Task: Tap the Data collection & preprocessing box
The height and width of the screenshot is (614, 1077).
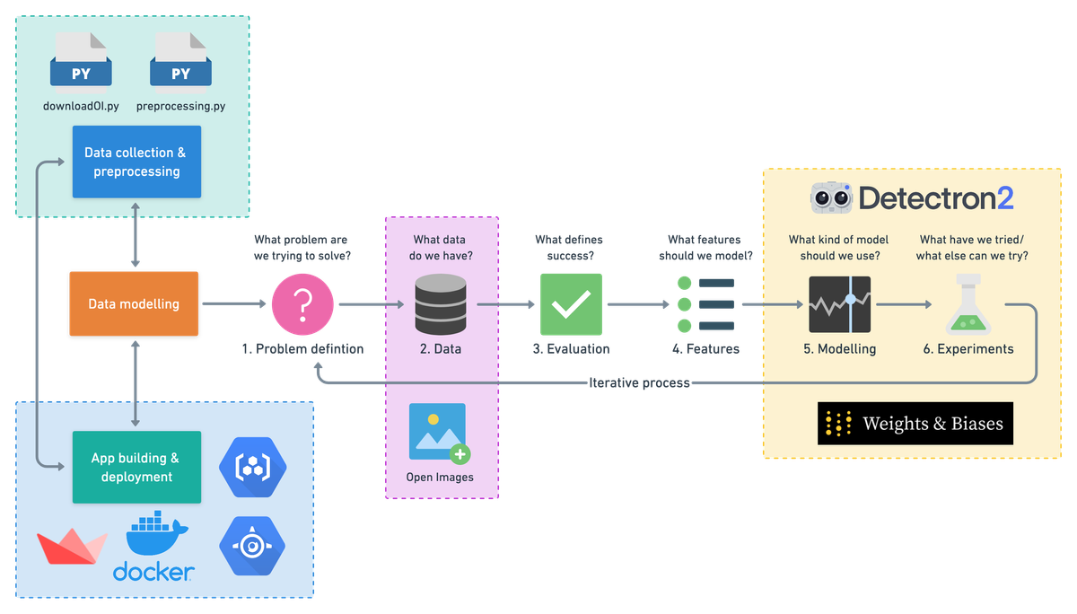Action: tap(136, 162)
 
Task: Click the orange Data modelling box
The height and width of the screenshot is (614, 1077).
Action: tap(134, 304)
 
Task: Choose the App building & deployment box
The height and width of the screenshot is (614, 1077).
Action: tap(136, 467)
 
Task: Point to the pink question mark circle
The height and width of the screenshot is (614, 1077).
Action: tap(302, 304)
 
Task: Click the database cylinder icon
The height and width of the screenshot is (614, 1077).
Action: tap(441, 304)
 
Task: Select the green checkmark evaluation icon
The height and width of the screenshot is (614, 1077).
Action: tap(570, 304)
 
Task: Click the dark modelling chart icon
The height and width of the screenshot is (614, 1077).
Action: tap(840, 305)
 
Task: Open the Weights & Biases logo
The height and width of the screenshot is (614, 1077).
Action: tap(915, 423)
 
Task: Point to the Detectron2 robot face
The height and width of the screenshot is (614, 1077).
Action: tap(831, 197)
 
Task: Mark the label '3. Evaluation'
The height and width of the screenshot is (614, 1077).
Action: tap(571, 349)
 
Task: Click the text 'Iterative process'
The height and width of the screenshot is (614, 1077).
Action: tap(639, 383)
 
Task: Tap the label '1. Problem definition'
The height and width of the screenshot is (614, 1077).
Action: tap(303, 349)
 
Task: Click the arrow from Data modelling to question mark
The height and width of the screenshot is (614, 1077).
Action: tap(235, 304)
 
